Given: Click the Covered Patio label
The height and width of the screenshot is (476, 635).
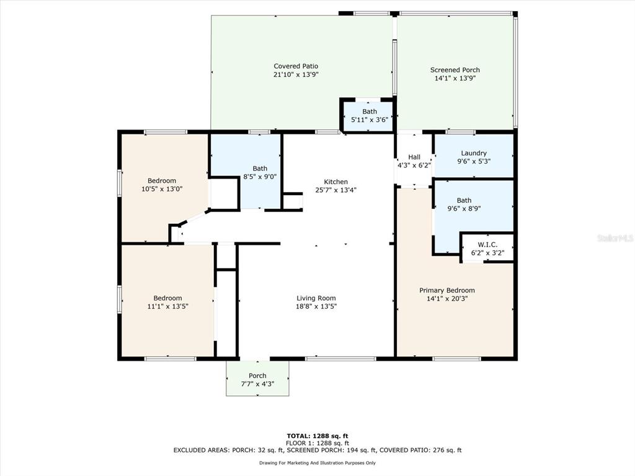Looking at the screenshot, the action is [296, 66].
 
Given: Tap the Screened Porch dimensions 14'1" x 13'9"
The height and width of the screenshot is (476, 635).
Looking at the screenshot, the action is [455, 78].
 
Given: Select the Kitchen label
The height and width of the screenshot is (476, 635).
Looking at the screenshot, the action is [335, 182].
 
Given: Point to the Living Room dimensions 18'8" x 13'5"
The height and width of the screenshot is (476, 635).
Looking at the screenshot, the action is [316, 306].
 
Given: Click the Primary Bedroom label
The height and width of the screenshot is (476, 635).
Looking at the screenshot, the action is [446, 290].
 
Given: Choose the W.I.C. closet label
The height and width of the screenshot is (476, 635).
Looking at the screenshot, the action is [487, 244].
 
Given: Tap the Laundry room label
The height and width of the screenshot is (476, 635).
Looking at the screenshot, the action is [474, 153].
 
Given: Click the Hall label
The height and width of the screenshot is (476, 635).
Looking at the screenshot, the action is [414, 157].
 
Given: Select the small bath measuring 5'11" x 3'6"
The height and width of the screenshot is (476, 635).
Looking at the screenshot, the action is [370, 115].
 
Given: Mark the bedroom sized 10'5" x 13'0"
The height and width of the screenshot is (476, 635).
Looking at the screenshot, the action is [162, 185].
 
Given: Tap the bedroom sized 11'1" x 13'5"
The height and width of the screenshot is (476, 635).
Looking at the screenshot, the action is [167, 302].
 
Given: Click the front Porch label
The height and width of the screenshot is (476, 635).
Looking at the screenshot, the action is [257, 376].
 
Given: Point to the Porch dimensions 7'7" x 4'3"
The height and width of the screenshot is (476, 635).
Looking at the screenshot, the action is [257, 384].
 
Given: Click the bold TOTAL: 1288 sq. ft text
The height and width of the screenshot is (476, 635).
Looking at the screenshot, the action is [317, 436].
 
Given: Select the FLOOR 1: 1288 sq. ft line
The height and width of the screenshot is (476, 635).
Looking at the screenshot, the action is [317, 443].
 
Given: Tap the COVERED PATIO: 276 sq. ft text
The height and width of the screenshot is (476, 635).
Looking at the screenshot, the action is [420, 450].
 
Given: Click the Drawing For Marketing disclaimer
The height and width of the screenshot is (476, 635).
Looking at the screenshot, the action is [317, 462].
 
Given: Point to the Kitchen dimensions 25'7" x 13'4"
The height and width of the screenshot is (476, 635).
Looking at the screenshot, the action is [335, 190].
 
